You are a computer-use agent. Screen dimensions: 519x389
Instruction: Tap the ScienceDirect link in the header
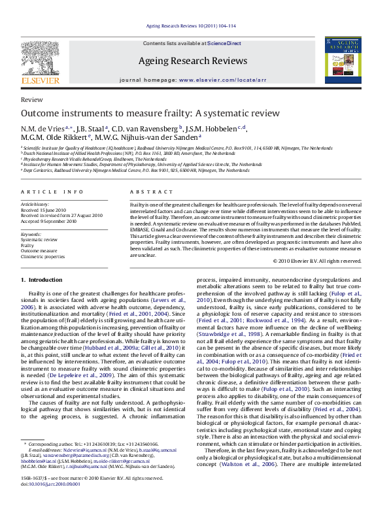pos(224,43)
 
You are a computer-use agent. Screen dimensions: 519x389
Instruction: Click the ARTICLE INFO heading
pos(52,192)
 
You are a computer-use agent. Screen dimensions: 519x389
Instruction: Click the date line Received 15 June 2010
pos(44,209)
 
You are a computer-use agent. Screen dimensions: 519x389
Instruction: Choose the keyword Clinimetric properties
pos(43,257)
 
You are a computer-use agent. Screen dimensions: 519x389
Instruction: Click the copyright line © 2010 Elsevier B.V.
pos(316,261)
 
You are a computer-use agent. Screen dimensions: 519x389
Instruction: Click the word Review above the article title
pos(32,100)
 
